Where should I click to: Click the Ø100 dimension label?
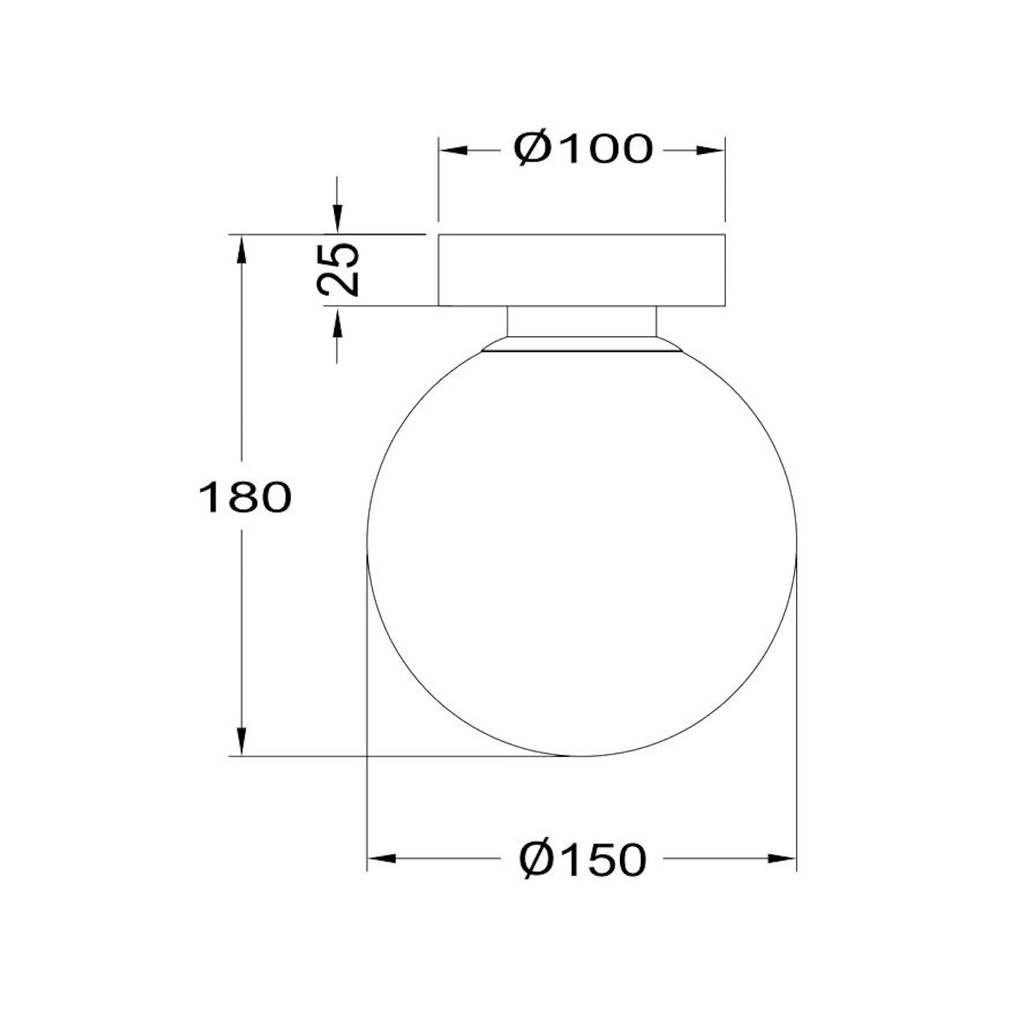583,149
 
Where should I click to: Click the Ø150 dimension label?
583,858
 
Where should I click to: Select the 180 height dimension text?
245,498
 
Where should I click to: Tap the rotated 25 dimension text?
340,269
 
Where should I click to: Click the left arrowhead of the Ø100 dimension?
453,150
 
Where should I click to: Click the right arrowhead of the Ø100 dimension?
711,150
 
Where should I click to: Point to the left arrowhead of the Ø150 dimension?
381,858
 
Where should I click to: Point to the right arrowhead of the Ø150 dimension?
782,858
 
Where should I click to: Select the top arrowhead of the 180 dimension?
242,249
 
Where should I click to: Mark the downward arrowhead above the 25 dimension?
336,218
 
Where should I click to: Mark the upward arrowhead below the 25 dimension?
336,322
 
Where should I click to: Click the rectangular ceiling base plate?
581,270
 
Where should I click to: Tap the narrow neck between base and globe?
581,322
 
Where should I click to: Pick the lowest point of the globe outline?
581,755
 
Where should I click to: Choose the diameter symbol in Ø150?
538,858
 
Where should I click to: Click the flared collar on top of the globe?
581,346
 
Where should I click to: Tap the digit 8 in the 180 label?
244,498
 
